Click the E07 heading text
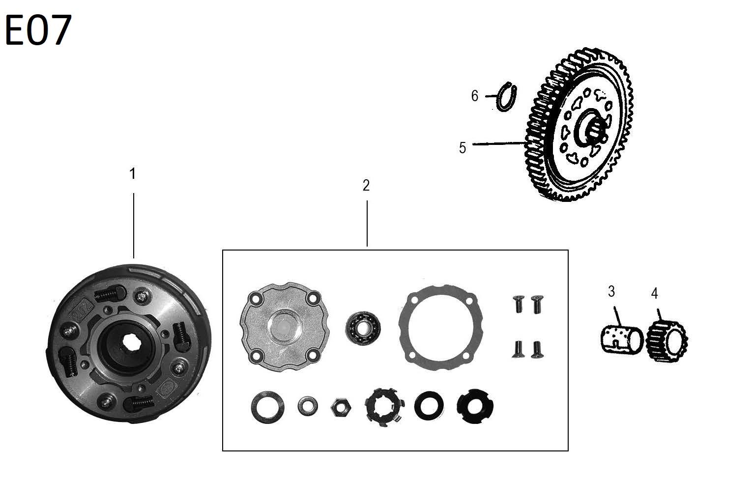38,30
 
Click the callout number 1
132,174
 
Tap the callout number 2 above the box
366,186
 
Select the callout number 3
611,292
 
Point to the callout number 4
654,294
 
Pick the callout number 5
462,148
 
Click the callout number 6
474,96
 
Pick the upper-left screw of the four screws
518,305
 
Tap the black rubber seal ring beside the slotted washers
429,406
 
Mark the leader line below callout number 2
367,224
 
